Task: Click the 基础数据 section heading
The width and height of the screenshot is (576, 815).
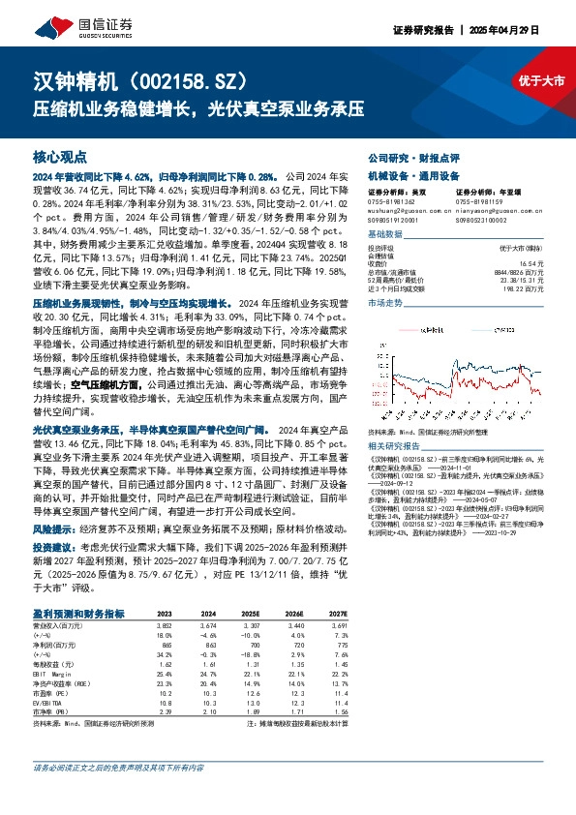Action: pyautogui.click(x=386, y=235)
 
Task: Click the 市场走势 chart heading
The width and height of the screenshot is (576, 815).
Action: pyautogui.click(x=386, y=304)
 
